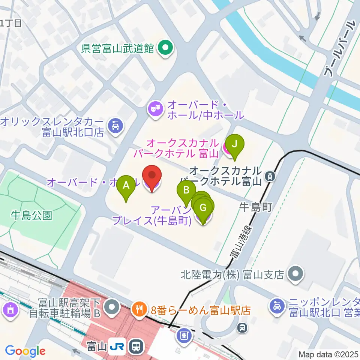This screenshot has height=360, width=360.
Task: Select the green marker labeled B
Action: [x=186, y=190]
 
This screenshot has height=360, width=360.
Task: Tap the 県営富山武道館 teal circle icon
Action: [x=165, y=48]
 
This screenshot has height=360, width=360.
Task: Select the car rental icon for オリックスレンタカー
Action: [x=115, y=126]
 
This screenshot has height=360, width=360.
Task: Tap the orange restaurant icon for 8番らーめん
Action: [x=139, y=309]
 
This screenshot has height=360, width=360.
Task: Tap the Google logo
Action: [x=25, y=351]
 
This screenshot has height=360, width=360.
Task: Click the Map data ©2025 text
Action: [x=328, y=354]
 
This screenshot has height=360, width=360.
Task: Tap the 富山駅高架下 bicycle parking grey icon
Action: [x=111, y=307]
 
